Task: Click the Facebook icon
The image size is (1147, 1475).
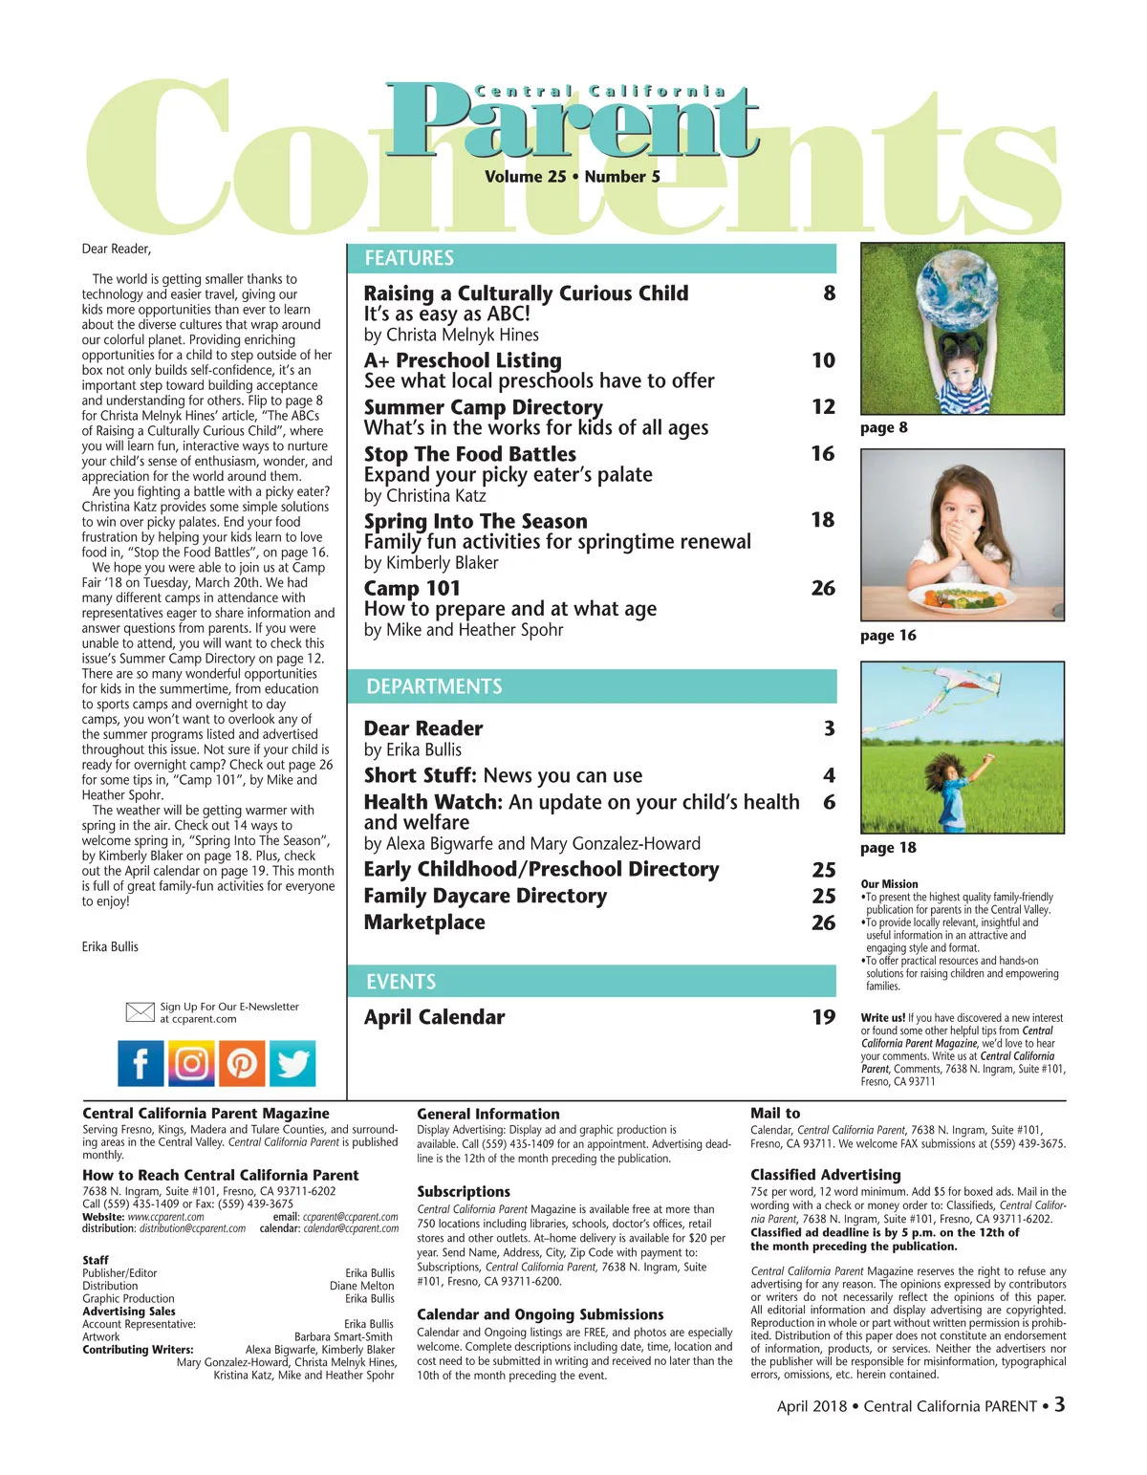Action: click(x=141, y=1063)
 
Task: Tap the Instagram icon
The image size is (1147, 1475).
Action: click(x=191, y=1063)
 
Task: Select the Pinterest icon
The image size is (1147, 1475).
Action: click(x=242, y=1063)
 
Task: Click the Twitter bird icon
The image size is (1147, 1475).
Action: click(x=292, y=1063)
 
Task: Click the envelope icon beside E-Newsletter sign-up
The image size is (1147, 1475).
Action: click(x=140, y=1011)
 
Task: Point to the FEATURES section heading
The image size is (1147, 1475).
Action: click(x=409, y=258)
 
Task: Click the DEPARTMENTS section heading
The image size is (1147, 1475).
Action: click(x=434, y=686)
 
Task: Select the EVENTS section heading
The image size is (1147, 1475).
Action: click(x=400, y=982)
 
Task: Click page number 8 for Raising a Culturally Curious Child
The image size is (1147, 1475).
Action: click(x=829, y=293)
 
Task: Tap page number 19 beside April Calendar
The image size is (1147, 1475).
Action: click(x=823, y=1017)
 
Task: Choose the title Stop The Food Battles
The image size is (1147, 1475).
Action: click(x=469, y=454)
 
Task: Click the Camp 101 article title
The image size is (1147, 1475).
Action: click(x=412, y=588)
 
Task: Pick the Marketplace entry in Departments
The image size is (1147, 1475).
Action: click(x=424, y=922)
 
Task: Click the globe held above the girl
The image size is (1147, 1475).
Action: click(x=958, y=292)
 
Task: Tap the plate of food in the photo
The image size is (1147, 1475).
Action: click(x=962, y=599)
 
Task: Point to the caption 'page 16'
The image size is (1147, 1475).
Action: click(x=888, y=636)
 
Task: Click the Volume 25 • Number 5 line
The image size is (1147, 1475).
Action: click(x=572, y=177)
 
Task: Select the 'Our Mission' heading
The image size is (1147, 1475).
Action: click(x=889, y=884)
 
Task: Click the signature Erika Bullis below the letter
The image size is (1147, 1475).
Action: click(x=110, y=946)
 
